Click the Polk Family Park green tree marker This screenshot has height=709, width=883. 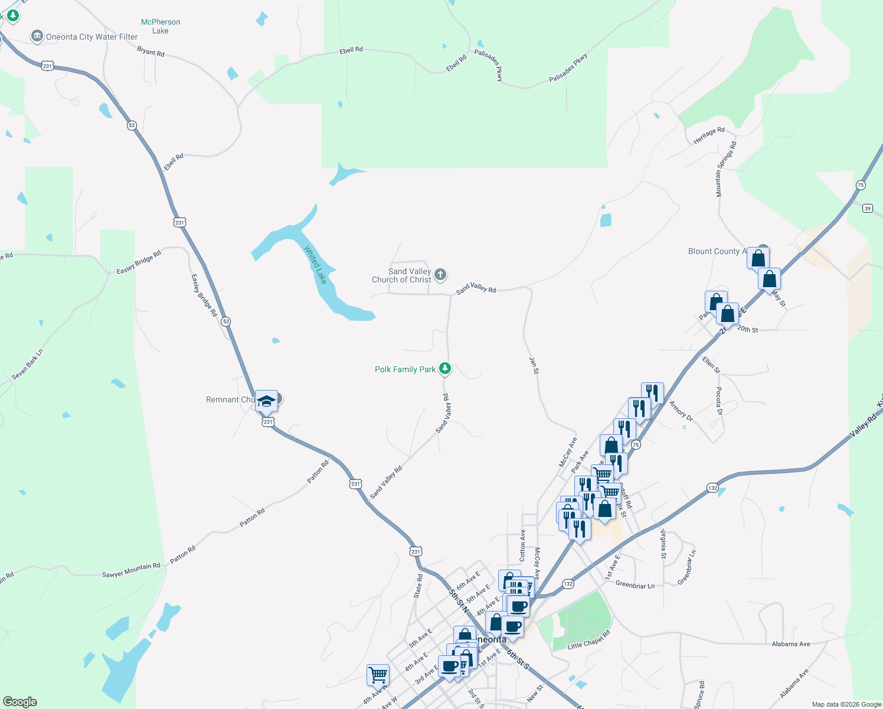(446, 369)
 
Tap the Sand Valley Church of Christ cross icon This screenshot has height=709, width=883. (440, 275)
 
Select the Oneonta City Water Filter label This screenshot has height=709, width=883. (91, 37)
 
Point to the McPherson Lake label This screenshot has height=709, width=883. (161, 27)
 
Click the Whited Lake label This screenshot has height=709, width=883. (315, 265)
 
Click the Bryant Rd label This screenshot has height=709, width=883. (151, 52)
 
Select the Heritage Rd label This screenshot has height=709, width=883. (709, 135)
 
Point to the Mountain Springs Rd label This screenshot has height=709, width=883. (726, 169)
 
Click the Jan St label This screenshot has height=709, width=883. (534, 365)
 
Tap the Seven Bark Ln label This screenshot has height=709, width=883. (28, 365)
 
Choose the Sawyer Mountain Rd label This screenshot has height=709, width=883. (131, 570)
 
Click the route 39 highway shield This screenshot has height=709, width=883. (867, 208)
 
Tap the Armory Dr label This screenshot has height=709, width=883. (681, 409)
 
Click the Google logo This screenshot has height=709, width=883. (20, 702)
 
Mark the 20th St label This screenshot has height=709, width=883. (747, 329)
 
